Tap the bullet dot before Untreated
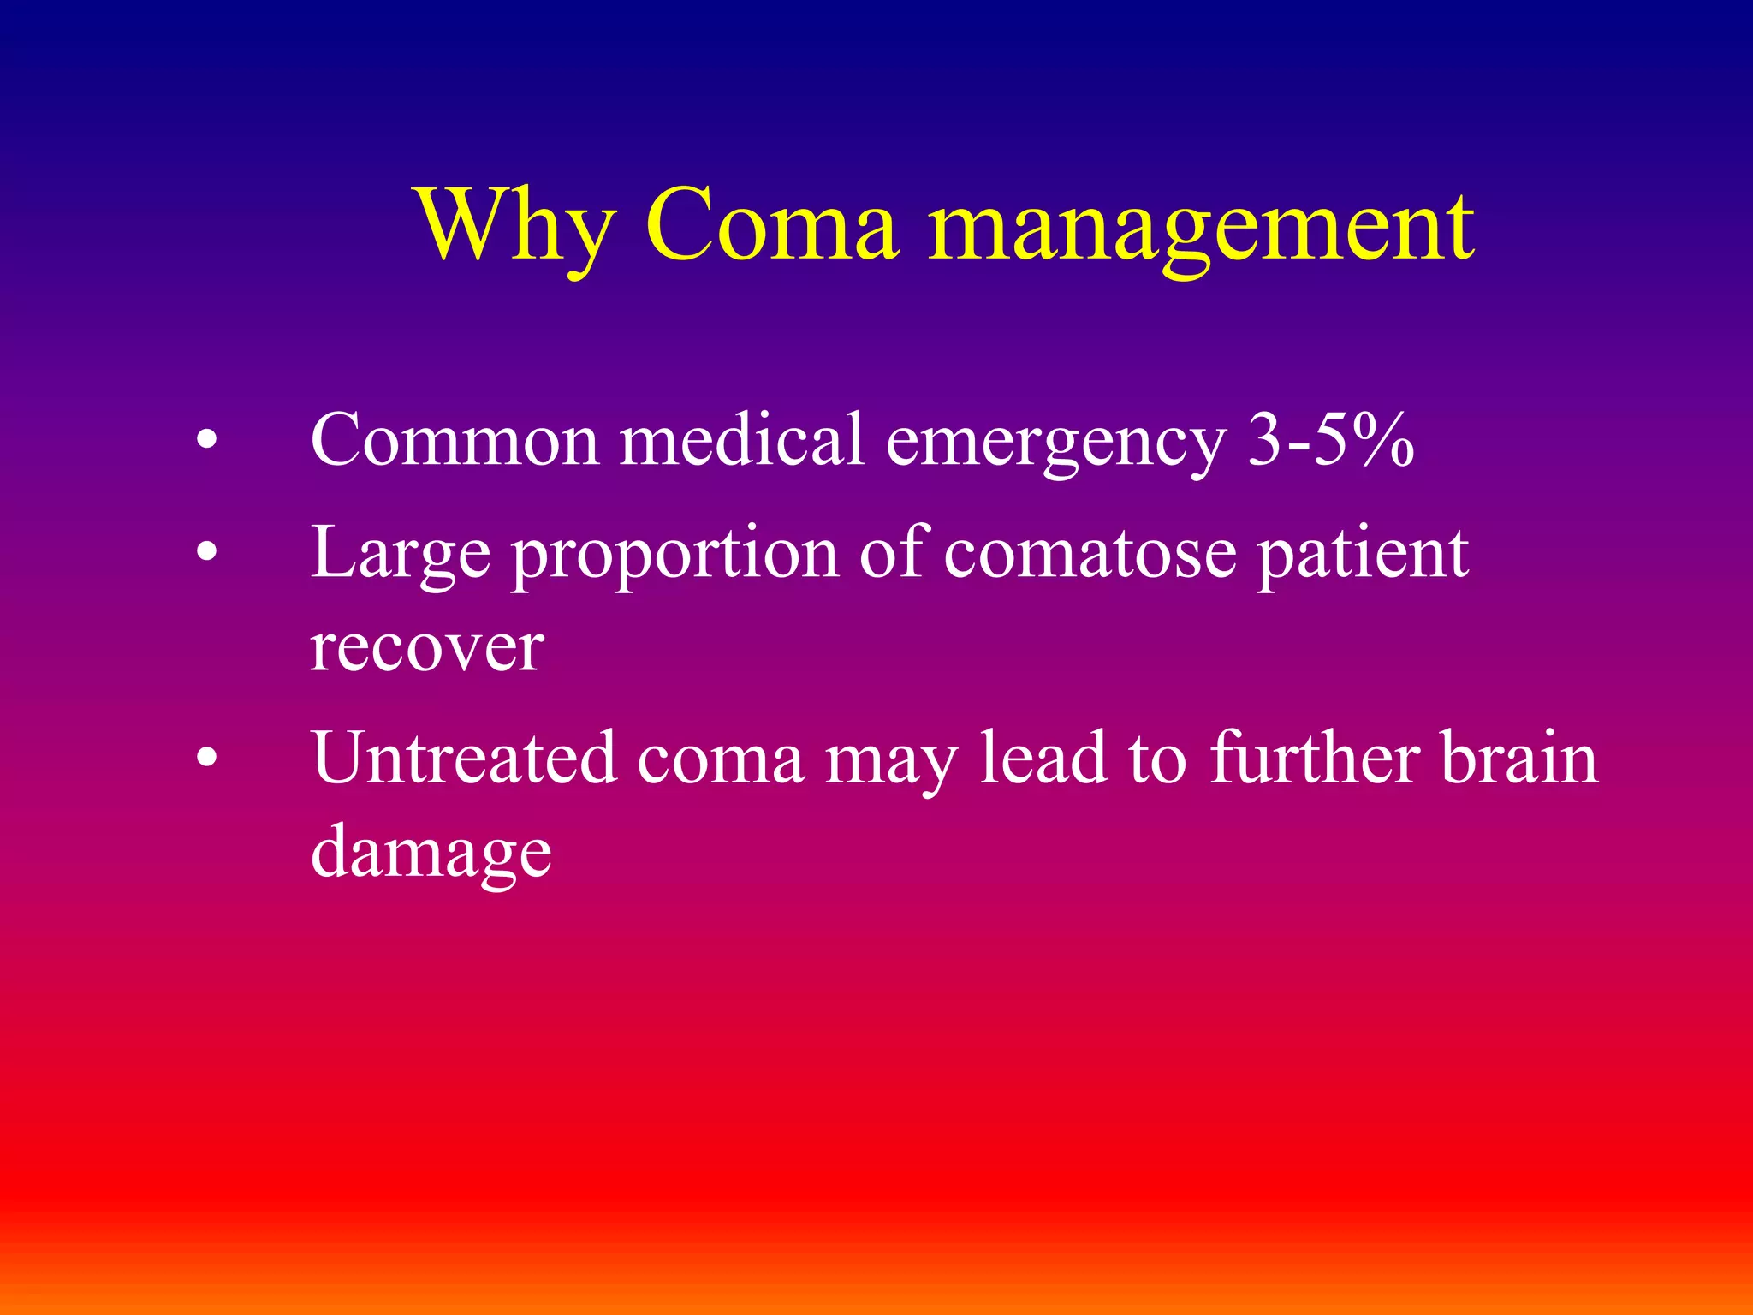pos(206,759)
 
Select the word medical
pos(741,439)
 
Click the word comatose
pos(1090,554)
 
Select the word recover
pos(426,648)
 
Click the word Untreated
pos(463,758)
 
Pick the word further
pos(1315,758)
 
